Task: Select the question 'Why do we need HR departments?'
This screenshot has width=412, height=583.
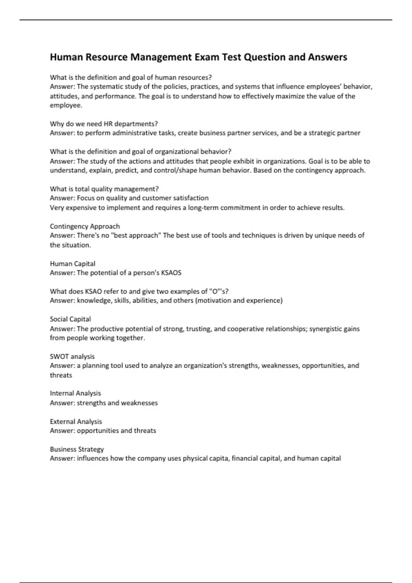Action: click(104, 124)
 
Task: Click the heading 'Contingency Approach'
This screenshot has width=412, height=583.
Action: click(85, 226)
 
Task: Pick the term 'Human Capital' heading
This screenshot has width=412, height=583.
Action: click(72, 264)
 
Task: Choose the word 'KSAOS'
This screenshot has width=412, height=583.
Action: click(171, 273)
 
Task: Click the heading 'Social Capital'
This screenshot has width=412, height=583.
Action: click(70, 319)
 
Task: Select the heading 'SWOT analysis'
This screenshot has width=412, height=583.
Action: click(72, 357)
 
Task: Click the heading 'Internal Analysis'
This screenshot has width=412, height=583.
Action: click(75, 393)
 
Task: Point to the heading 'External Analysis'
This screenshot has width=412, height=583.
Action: click(76, 421)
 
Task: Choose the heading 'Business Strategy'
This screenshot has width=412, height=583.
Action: click(77, 449)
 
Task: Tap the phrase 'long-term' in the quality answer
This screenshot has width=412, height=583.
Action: click(203, 208)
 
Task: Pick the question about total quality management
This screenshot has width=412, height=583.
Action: click(104, 189)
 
